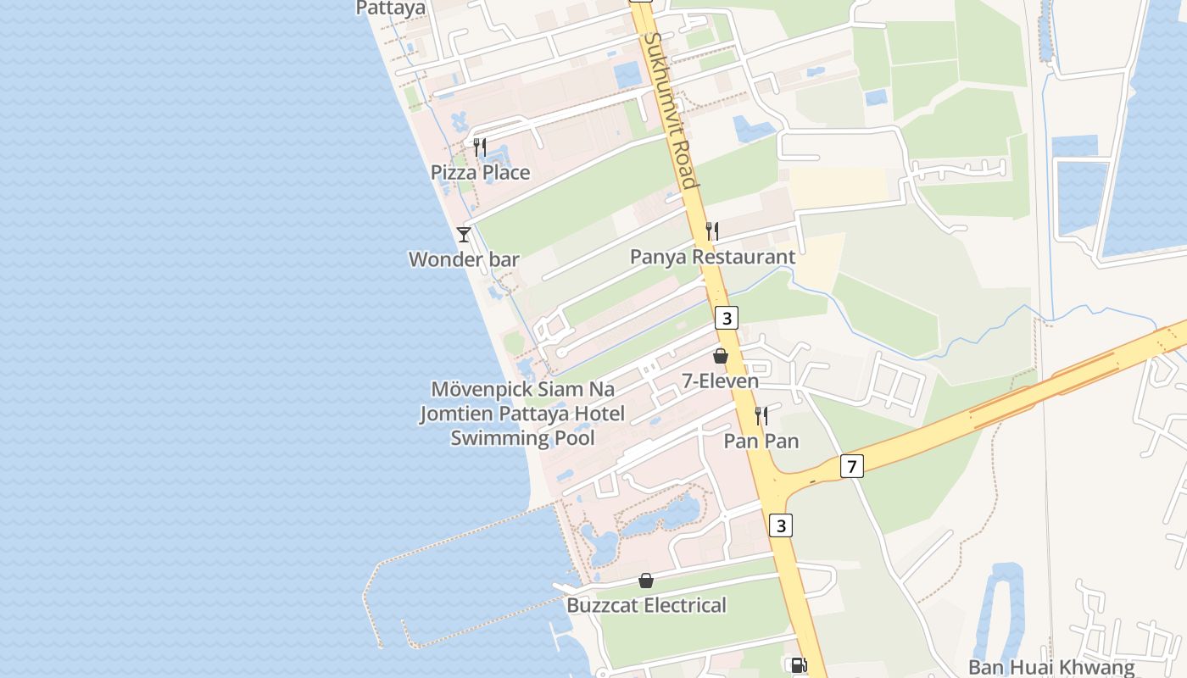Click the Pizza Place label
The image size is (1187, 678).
[480, 173]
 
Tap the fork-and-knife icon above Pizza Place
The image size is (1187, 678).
[480, 147]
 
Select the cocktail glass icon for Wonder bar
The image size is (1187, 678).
[464, 235]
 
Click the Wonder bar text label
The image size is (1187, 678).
[464, 259]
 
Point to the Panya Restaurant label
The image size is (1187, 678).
[712, 257]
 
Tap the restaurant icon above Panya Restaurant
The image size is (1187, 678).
[712, 231]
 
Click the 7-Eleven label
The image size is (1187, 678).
[721, 381]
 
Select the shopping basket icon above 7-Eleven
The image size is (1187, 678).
[721, 356]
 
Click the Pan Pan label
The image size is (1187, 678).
[761, 441]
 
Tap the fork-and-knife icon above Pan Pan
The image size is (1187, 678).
[761, 415]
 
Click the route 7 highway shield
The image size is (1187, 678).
[853, 465]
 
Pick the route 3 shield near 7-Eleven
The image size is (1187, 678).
[726, 318]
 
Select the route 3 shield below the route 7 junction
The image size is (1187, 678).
[781, 525]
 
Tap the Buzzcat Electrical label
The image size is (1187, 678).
[646, 605]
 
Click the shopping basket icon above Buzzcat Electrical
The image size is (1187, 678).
[646, 581]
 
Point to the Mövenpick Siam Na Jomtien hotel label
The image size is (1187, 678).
[523, 414]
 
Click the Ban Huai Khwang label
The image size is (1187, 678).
[1051, 668]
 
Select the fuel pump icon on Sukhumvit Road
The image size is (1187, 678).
[798, 665]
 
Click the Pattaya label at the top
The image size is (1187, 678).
[391, 8]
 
